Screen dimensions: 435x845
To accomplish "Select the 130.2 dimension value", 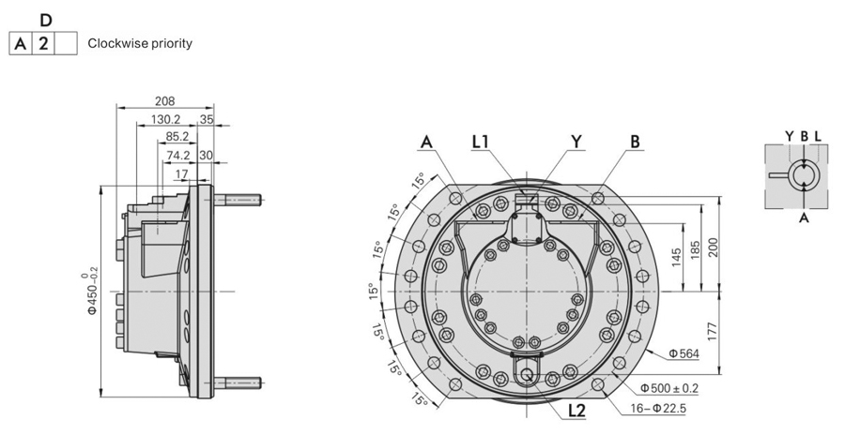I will (x=165, y=119).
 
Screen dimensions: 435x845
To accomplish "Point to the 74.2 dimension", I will (x=177, y=155).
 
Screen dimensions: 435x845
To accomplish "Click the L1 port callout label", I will (x=481, y=142).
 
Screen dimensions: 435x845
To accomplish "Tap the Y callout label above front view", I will (x=576, y=142).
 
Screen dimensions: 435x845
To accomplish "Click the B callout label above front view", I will (x=636, y=142).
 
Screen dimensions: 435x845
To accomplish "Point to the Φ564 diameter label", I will (x=684, y=353).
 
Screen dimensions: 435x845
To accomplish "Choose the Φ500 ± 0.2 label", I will (x=671, y=387).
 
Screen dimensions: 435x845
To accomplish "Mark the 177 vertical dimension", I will (x=713, y=330).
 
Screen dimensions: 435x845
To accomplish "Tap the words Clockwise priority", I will (x=140, y=44).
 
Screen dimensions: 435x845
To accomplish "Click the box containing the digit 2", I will (x=43, y=43).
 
